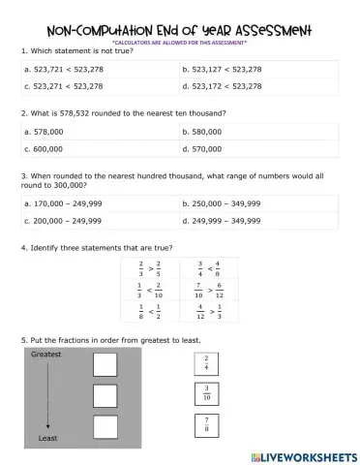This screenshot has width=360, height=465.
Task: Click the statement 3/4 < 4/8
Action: point(208,267)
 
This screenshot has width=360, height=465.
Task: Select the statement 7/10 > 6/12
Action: point(208,289)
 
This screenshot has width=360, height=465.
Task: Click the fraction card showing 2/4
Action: point(207,363)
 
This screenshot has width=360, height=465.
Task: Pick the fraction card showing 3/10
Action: point(207,393)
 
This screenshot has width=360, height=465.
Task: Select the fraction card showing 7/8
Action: point(207,424)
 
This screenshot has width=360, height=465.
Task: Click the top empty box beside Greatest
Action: point(105,365)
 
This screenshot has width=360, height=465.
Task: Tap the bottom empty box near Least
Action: point(105,426)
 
